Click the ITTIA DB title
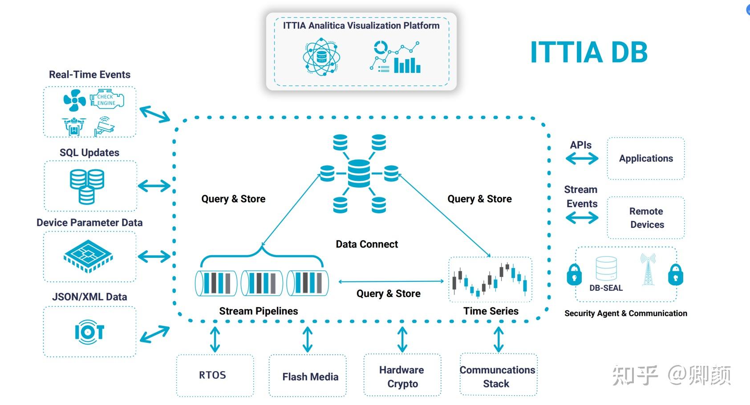[x=588, y=52]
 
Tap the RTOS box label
[x=212, y=375]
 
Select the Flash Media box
[x=310, y=377]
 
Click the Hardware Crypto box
[x=402, y=377]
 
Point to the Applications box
[x=646, y=158]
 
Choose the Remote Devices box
[x=646, y=218]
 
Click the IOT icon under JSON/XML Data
[x=89, y=332]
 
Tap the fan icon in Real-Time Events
[x=74, y=100]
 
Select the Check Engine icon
[x=107, y=100]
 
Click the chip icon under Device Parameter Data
[x=88, y=256]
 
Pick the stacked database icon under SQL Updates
[x=87, y=186]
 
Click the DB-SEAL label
[x=606, y=288]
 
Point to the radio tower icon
[x=648, y=269]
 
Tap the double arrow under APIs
[x=582, y=159]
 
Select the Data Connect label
[x=367, y=244]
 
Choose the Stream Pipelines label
[x=258, y=311]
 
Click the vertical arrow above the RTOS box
[x=215, y=340]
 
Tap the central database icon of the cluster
[x=359, y=173]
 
